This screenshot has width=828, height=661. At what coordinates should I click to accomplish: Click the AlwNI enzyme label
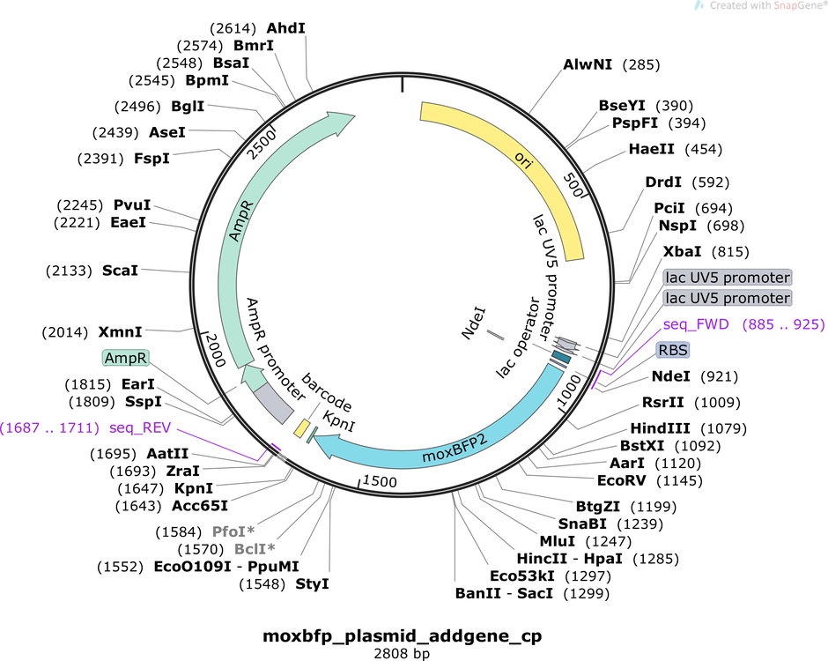(589, 64)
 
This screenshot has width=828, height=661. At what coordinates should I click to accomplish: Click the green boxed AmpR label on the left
(126, 358)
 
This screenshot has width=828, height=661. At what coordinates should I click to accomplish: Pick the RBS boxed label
(672, 350)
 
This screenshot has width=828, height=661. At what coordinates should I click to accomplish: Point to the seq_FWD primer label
(696, 323)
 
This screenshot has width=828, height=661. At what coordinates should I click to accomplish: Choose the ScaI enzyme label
(120, 270)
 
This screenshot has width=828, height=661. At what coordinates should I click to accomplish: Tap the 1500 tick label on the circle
(380, 481)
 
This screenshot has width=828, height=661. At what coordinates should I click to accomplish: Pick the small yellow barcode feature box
(300, 427)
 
